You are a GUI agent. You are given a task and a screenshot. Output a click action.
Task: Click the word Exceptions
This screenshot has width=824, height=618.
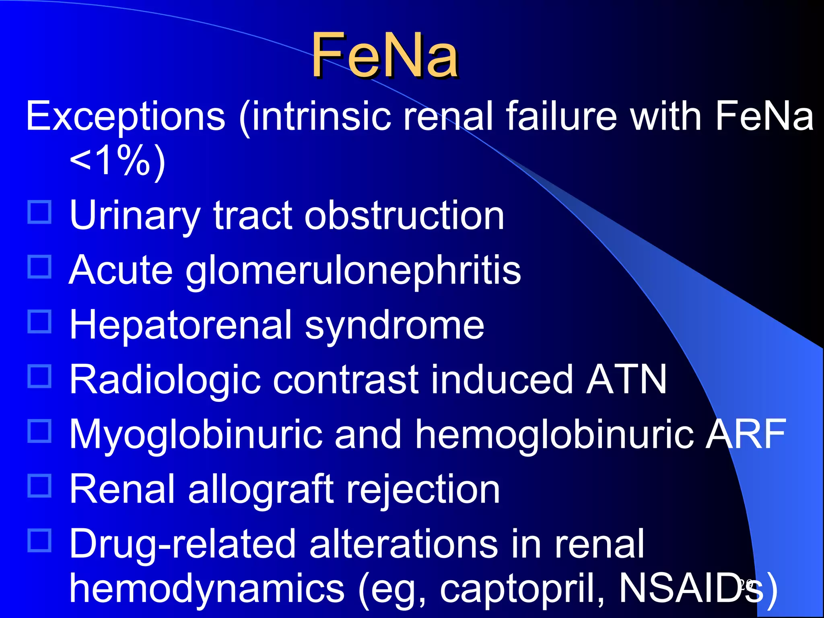(126, 117)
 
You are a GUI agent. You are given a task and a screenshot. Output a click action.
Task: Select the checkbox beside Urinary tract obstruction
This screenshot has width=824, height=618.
(39, 212)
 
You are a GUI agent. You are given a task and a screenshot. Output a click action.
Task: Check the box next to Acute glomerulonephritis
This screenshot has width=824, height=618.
(39, 267)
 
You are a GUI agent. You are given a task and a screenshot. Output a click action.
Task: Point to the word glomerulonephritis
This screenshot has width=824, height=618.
(353, 271)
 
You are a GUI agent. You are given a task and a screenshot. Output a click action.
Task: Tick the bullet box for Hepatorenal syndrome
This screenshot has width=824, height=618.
(39, 321)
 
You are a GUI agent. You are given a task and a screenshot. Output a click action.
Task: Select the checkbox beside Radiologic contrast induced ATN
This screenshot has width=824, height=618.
(39, 376)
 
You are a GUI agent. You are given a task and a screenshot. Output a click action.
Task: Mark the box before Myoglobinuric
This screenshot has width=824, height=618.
(39, 431)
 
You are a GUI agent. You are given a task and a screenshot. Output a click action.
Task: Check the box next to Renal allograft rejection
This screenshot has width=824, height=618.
(39, 486)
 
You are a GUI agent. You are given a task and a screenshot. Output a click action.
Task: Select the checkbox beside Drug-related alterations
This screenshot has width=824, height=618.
(39, 540)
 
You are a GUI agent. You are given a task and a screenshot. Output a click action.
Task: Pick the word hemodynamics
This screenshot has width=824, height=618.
(207, 588)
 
